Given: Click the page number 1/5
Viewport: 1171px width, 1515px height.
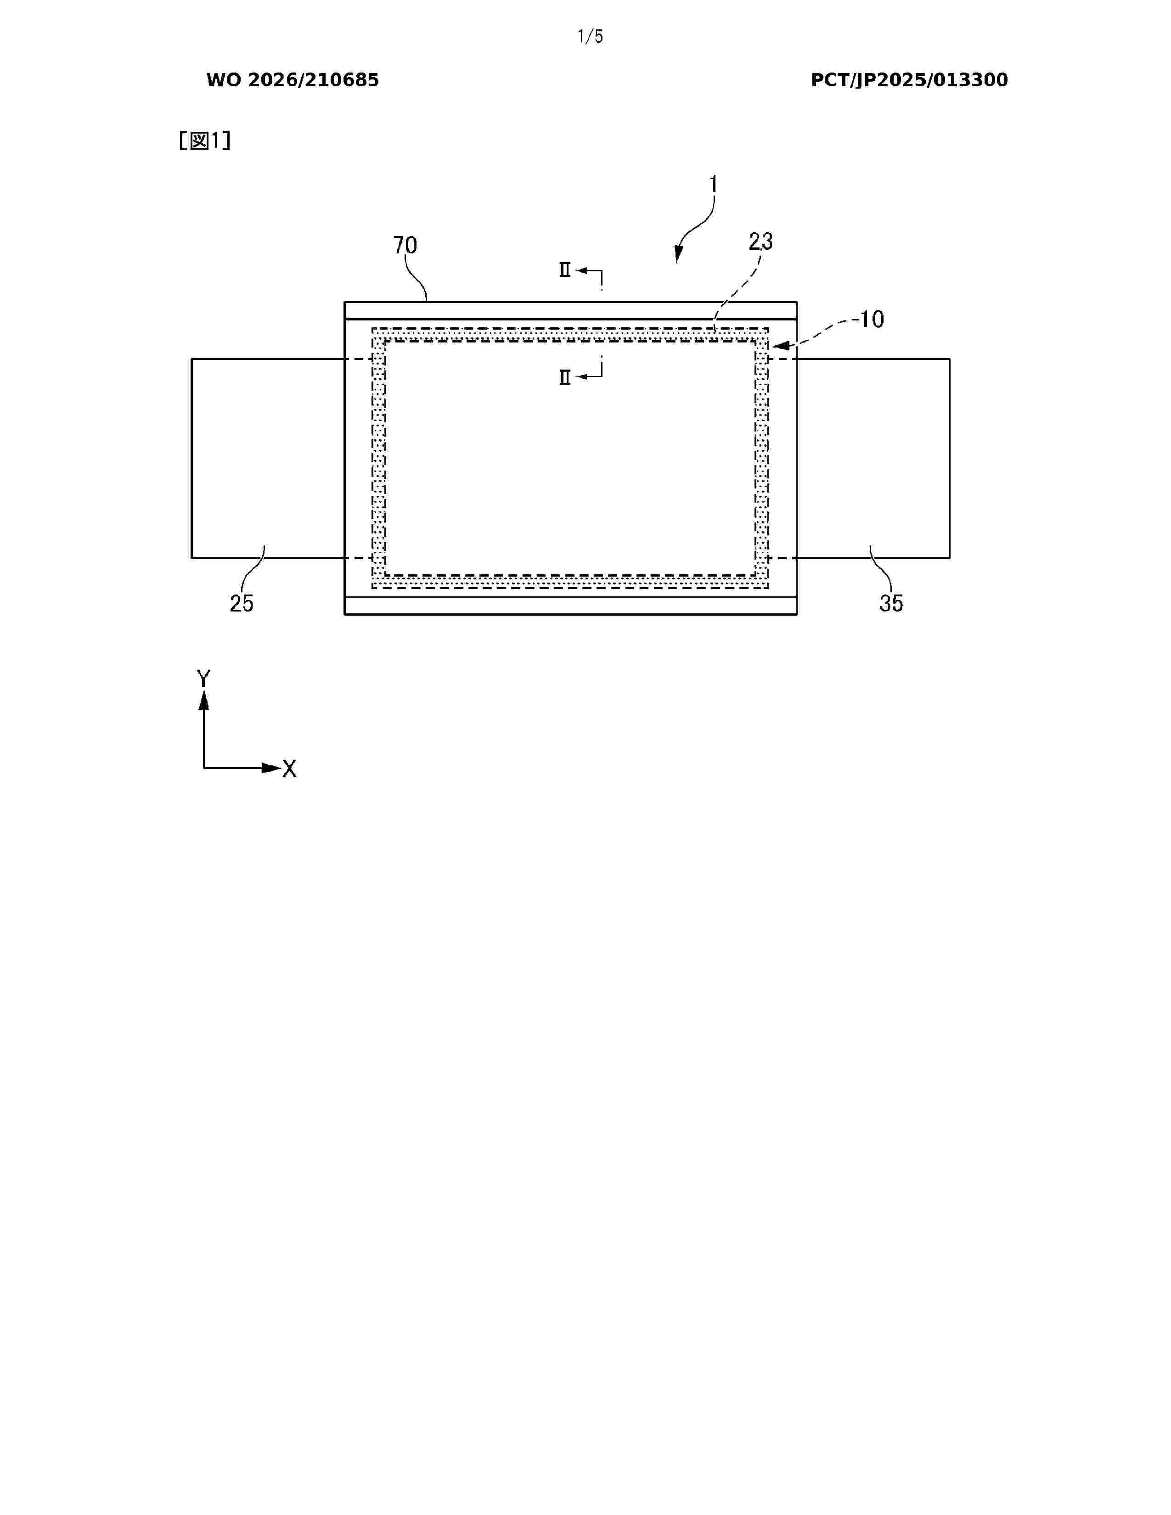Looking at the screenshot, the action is (590, 37).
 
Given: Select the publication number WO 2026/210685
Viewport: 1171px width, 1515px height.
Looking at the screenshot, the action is (293, 80).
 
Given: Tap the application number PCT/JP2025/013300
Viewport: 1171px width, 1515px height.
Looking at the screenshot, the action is (909, 80).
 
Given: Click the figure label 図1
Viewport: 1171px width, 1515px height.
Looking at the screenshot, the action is (205, 141).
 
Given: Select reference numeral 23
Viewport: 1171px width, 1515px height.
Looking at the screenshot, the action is (760, 241).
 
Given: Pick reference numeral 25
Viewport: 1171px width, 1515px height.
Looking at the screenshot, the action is (242, 604).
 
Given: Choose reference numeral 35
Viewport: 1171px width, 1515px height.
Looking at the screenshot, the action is (891, 604).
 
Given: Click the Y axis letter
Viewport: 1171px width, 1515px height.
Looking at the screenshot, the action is (203, 679).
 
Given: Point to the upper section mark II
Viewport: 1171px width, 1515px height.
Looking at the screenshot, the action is (565, 270).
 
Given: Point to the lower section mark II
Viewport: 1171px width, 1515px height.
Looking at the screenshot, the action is (565, 377).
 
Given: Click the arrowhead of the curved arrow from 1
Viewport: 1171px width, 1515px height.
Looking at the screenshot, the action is (678, 255).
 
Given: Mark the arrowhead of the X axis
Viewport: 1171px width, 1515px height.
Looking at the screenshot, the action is (270, 768).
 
